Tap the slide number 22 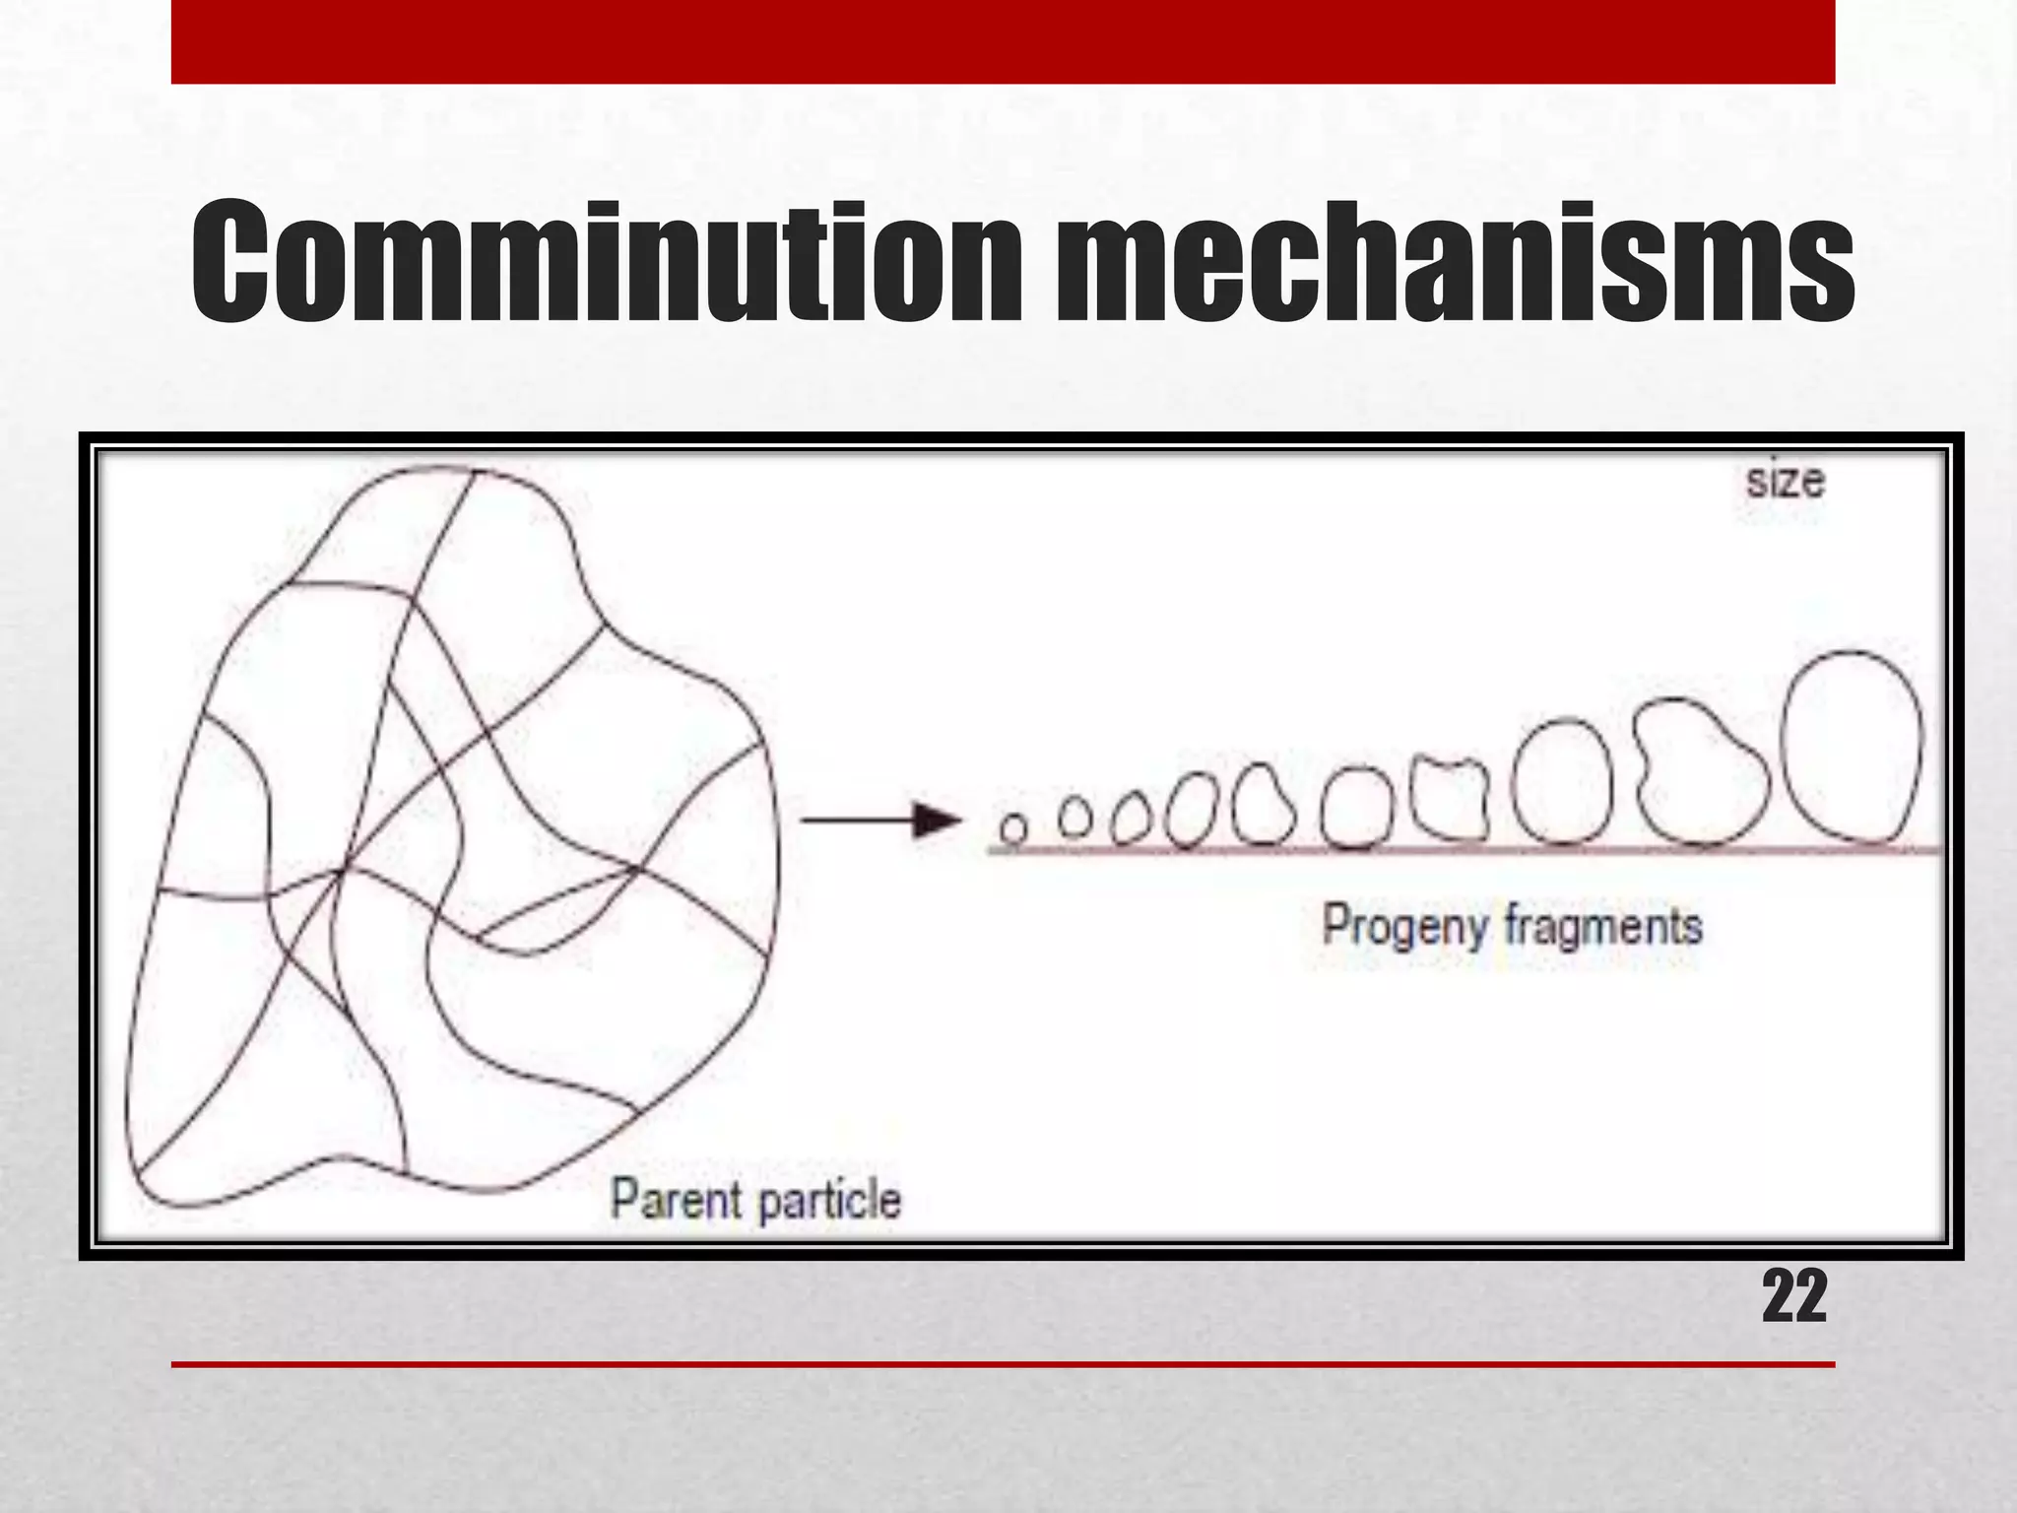(1793, 1297)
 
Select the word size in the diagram (1785, 482)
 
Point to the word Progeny (1403, 927)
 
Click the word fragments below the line (1603, 927)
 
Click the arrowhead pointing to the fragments (936, 820)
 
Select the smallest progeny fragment (1013, 827)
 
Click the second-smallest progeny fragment (1075, 816)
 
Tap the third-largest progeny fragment (1562, 782)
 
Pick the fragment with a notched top (1449, 797)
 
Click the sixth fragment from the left (1356, 808)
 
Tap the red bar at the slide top (1003, 41)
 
